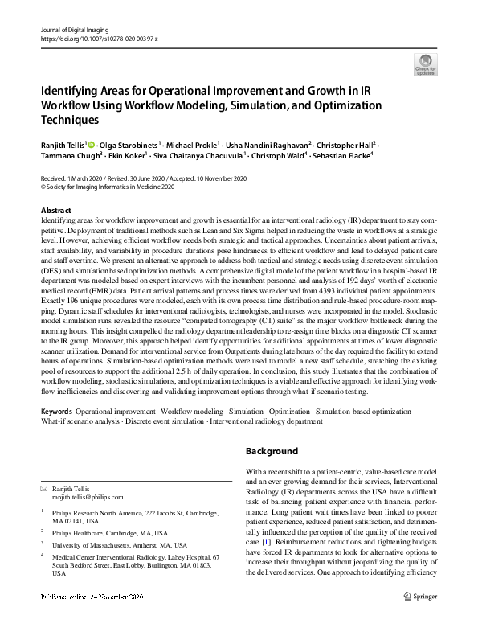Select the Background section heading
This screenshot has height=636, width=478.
coord(272,451)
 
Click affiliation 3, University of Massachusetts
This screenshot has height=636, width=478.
coord(116,544)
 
